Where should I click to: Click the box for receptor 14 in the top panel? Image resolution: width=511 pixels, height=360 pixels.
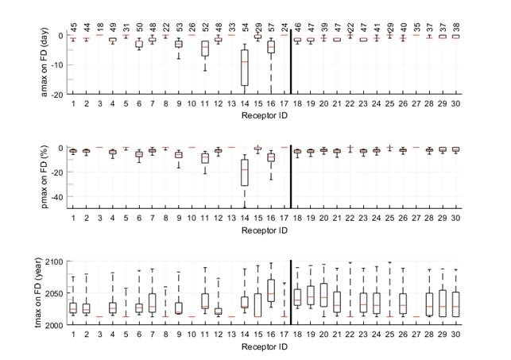[x=244, y=67]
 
